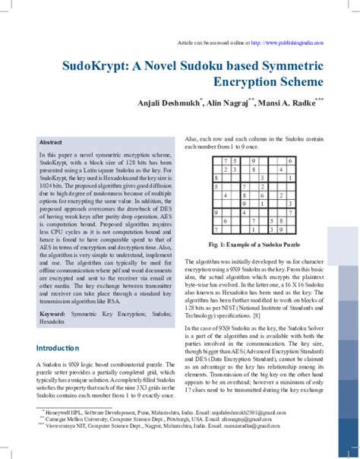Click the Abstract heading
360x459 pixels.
pyautogui.click(x=51, y=142)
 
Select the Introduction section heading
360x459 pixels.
pyautogui.click(x=58, y=348)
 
